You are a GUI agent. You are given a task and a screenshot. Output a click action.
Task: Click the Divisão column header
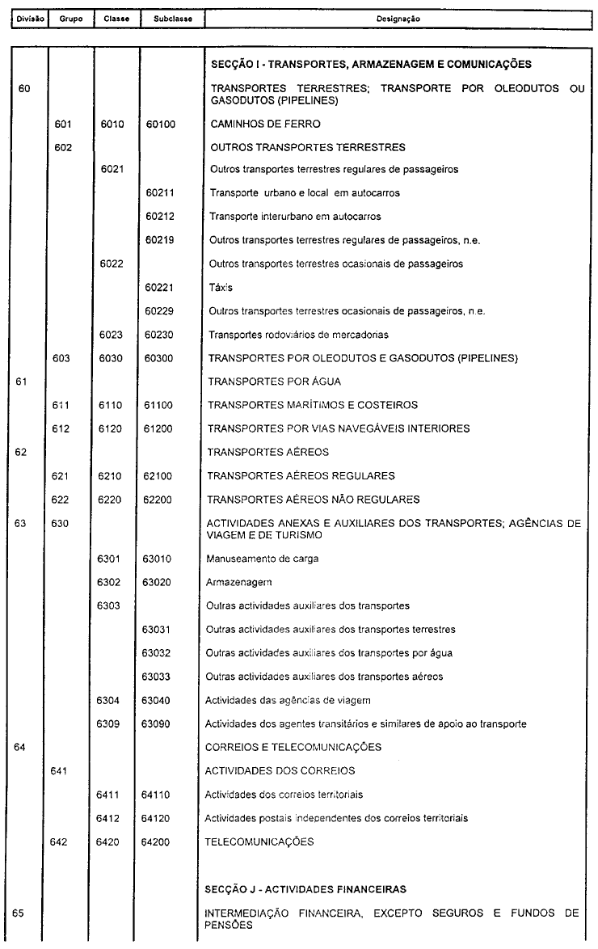tap(24, 17)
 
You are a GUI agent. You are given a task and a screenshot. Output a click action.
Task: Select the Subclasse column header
tap(161, 17)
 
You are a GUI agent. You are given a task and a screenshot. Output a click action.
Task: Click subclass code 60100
tap(161, 124)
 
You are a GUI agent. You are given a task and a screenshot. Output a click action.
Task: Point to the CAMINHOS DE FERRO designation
tap(254, 124)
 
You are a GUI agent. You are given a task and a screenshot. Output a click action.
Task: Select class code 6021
tap(111, 170)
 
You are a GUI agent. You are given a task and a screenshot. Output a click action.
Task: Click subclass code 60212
tap(161, 217)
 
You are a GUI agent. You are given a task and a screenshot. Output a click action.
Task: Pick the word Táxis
tap(221, 287)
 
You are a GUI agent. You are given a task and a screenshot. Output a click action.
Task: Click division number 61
tap(24, 382)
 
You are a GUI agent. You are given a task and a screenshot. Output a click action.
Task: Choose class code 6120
tap(111, 428)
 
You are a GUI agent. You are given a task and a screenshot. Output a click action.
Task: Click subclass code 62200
tap(161, 499)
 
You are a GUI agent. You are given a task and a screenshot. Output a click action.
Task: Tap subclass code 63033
tap(161, 676)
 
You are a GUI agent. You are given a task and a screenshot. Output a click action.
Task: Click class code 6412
tap(111, 817)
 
